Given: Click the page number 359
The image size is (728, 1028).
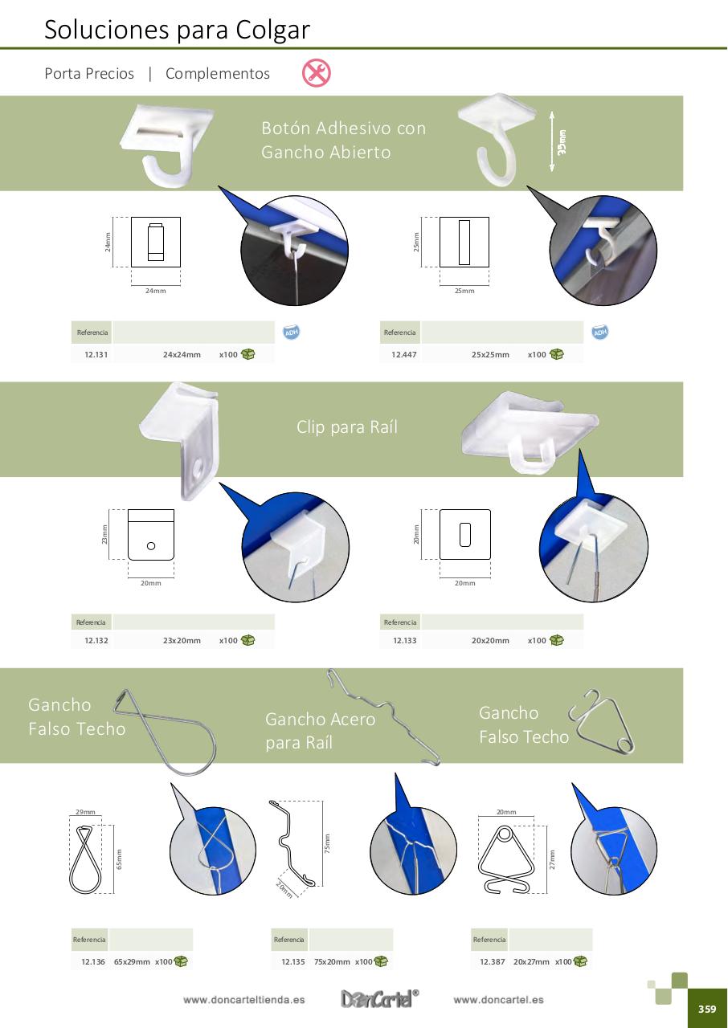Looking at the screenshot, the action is pyautogui.click(x=706, y=1009).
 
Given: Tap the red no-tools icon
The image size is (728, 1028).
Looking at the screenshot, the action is pyautogui.click(x=317, y=72).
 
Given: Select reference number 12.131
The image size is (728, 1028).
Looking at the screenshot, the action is pyautogui.click(x=96, y=354).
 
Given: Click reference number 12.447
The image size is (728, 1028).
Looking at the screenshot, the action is pyautogui.click(x=404, y=354).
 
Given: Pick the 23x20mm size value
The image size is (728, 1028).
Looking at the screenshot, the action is pyautogui.click(x=182, y=640).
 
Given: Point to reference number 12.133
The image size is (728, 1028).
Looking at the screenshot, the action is pyautogui.click(x=405, y=640).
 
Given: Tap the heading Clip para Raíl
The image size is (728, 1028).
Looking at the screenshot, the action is pyautogui.click(x=347, y=426).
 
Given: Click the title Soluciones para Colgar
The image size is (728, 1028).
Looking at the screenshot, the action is pyautogui.click(x=178, y=30).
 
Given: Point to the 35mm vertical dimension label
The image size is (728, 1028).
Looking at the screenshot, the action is pyautogui.click(x=562, y=143).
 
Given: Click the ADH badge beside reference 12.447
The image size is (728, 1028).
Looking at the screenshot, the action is pyautogui.click(x=599, y=332).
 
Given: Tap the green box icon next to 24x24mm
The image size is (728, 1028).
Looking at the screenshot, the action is pyautogui.click(x=247, y=354).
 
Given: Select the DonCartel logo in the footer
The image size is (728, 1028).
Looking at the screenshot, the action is pyautogui.click(x=379, y=998).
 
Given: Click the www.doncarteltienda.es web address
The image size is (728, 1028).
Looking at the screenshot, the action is pyautogui.click(x=243, y=1000).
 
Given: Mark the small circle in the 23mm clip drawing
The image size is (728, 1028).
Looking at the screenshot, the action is pyautogui.click(x=151, y=545).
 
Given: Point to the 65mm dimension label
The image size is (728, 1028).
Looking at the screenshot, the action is pyautogui.click(x=119, y=859).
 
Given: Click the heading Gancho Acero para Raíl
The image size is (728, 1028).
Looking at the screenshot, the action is pyautogui.click(x=321, y=731).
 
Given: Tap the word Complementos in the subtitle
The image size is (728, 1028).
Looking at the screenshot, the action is pyautogui.click(x=218, y=73).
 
